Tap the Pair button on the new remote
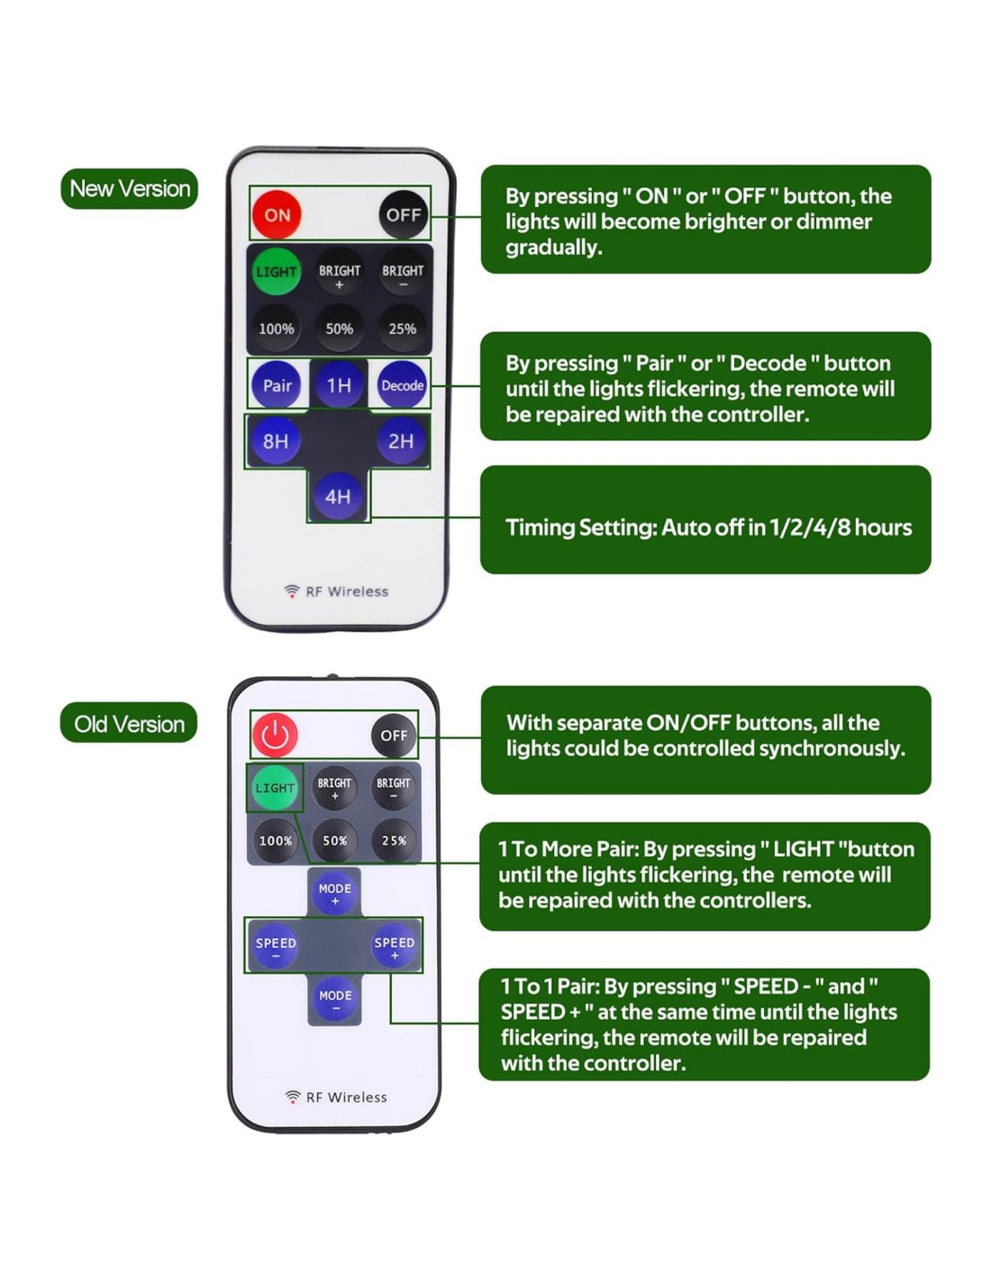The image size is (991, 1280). [x=276, y=384]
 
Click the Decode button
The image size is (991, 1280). [x=402, y=384]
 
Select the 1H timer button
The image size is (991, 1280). [x=339, y=384]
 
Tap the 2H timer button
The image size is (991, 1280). [x=402, y=440]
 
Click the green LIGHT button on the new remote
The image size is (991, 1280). [x=276, y=271]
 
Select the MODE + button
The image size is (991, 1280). [x=334, y=893]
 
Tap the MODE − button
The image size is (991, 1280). [x=335, y=1000]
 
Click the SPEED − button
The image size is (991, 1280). [x=276, y=947]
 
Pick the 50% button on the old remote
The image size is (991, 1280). [x=334, y=840]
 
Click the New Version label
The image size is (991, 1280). [x=129, y=188]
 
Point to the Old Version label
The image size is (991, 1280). [x=129, y=723]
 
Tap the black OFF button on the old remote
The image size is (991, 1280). [x=393, y=735]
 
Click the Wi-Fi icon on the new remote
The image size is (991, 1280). [x=291, y=590]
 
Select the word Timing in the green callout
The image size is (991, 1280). [x=540, y=528]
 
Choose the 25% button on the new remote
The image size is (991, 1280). [x=402, y=328]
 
